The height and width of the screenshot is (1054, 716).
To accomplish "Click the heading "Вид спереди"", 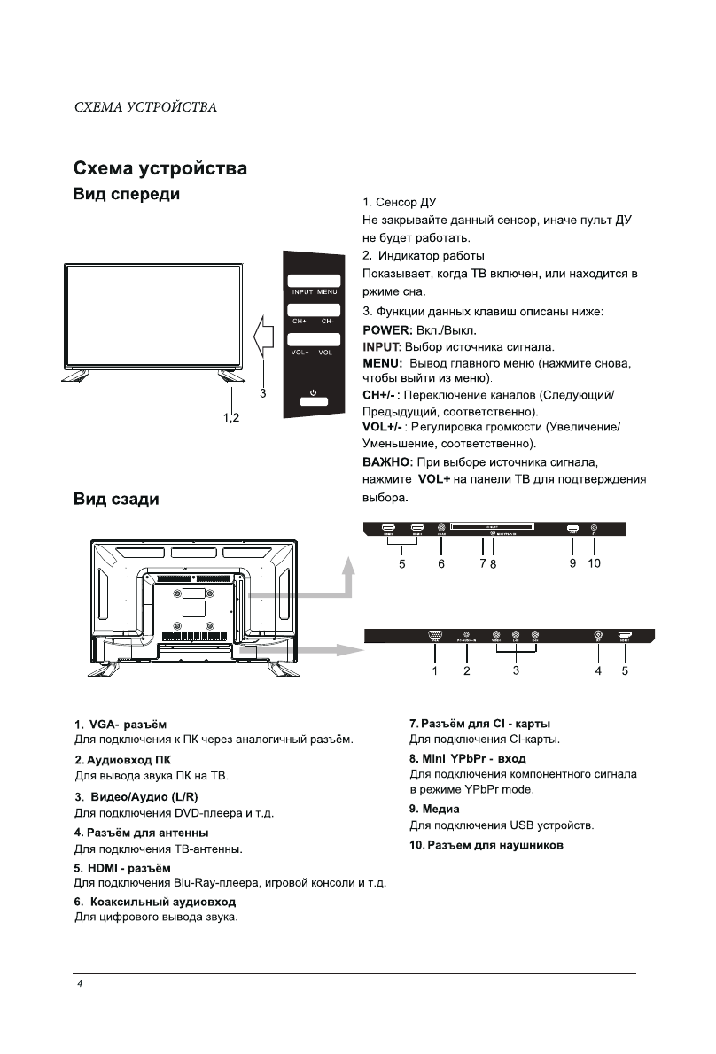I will point(126,194).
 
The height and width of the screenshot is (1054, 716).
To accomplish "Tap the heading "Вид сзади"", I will point(115,500).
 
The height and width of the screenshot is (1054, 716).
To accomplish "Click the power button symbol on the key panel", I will point(313,391).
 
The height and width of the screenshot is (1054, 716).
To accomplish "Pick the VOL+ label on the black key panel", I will point(300,353).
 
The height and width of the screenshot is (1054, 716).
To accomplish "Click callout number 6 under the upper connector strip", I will point(441,563).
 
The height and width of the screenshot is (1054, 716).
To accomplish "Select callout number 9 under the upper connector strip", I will point(572,563).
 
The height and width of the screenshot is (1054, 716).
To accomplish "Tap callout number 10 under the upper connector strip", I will point(594,563).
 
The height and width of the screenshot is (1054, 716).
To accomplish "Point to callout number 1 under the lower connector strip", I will point(435,671).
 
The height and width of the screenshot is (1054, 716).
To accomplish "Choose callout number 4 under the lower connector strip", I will point(598,671).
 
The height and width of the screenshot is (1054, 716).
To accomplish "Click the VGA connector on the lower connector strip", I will point(434,635).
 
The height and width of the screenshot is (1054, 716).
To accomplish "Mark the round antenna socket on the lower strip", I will point(598,635).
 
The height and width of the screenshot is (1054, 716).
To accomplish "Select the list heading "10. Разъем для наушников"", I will point(486,845).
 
